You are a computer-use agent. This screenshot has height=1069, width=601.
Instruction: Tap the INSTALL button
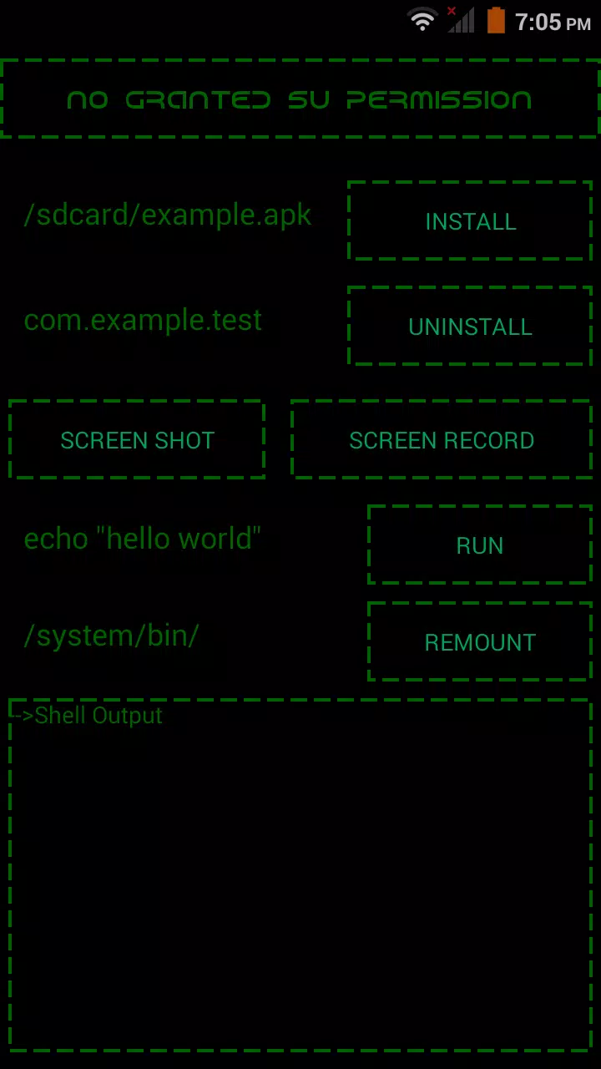click(470, 221)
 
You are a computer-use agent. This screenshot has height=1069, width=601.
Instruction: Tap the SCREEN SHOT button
click(137, 439)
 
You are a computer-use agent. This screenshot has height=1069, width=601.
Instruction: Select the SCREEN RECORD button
click(442, 439)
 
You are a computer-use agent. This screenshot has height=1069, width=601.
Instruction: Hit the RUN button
click(480, 545)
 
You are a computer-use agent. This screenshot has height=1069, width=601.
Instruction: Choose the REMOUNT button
click(480, 642)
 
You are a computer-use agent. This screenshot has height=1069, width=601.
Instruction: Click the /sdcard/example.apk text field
click(168, 215)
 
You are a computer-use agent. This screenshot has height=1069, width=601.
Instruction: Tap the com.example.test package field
click(143, 320)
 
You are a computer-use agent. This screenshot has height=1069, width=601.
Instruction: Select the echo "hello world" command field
click(143, 539)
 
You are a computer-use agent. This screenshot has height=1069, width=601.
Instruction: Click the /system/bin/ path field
click(112, 636)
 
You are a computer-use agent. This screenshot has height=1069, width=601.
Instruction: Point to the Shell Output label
click(98, 716)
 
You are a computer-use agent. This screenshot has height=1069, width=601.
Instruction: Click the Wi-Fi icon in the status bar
click(422, 20)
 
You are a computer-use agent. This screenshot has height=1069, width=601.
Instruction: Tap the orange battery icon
click(496, 20)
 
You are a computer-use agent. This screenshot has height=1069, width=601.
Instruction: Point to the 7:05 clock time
click(538, 22)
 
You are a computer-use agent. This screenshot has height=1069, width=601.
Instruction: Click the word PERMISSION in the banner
click(439, 99)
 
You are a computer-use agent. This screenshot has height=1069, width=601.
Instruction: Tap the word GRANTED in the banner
click(198, 99)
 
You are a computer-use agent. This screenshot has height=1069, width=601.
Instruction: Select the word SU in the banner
click(309, 99)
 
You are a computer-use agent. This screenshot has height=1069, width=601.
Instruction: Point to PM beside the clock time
click(578, 24)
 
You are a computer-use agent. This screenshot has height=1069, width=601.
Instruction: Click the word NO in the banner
click(88, 99)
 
